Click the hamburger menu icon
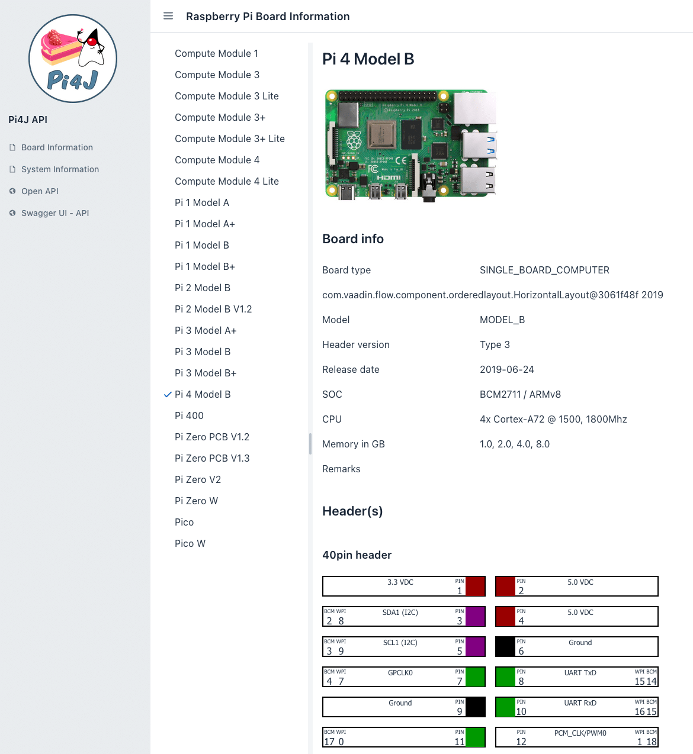[168, 16]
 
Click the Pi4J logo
[73, 59]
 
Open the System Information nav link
[60, 169]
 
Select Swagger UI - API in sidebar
[55, 213]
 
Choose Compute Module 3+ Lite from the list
[229, 138]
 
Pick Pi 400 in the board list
[189, 415]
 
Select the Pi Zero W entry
[196, 501]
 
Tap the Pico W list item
[190, 543]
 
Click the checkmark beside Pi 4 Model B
[168, 394]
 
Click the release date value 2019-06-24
[507, 369]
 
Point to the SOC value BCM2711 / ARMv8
[520, 394]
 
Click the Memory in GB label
[353, 444]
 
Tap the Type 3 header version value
[495, 344]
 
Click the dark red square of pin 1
[475, 587]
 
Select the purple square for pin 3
[475, 617]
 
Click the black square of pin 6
[505, 646]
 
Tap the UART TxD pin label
[580, 673]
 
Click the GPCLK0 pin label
[400, 673]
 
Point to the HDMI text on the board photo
[389, 178]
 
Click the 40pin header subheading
[357, 555]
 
